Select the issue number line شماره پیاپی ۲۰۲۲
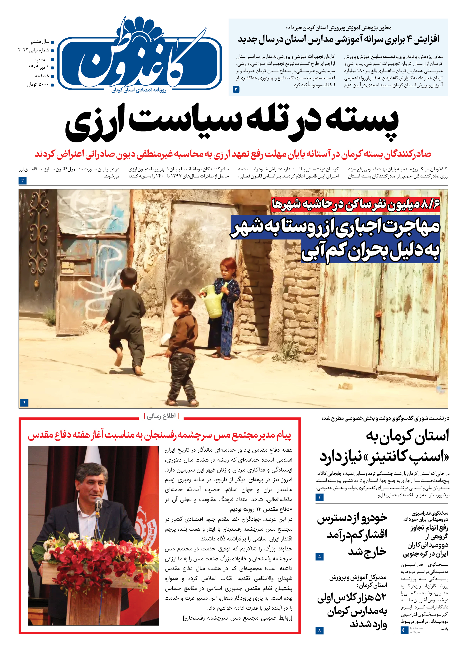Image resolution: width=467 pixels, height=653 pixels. pos(34,50)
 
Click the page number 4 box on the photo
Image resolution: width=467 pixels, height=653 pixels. pos(24,403)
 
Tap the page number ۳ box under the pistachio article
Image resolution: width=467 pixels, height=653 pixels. pos(23,180)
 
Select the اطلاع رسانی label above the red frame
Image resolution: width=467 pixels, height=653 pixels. pos(161,416)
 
